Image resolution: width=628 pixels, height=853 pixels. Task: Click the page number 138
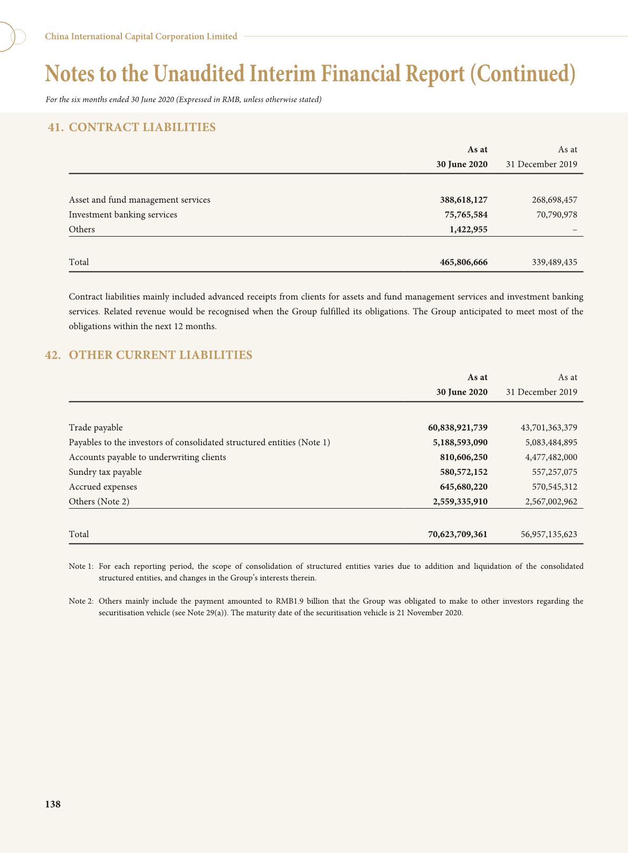(x=53, y=804)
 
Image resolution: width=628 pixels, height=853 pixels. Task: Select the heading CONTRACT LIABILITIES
(x=142, y=127)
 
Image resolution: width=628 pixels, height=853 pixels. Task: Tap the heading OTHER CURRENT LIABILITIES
(x=160, y=355)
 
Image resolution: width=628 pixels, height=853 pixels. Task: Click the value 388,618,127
(x=463, y=200)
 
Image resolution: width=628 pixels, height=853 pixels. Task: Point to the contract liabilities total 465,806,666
(x=463, y=262)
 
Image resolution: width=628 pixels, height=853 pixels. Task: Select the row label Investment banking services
(x=123, y=214)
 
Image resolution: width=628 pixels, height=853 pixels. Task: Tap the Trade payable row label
(x=96, y=427)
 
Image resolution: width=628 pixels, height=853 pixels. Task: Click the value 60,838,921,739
(x=458, y=427)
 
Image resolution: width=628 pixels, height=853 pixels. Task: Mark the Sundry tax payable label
(x=105, y=472)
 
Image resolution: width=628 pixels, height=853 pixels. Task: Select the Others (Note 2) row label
(x=99, y=501)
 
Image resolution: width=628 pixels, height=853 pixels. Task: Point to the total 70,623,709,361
(x=458, y=534)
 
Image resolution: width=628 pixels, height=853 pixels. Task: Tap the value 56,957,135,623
(x=548, y=534)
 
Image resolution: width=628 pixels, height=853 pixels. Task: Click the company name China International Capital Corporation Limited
(x=141, y=36)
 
